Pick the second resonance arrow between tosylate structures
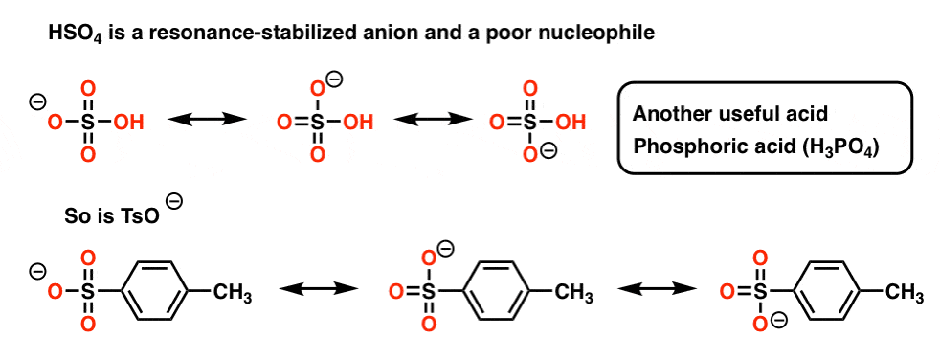click(x=656, y=288)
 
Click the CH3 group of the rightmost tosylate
click(x=905, y=291)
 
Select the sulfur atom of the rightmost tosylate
click(x=759, y=289)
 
